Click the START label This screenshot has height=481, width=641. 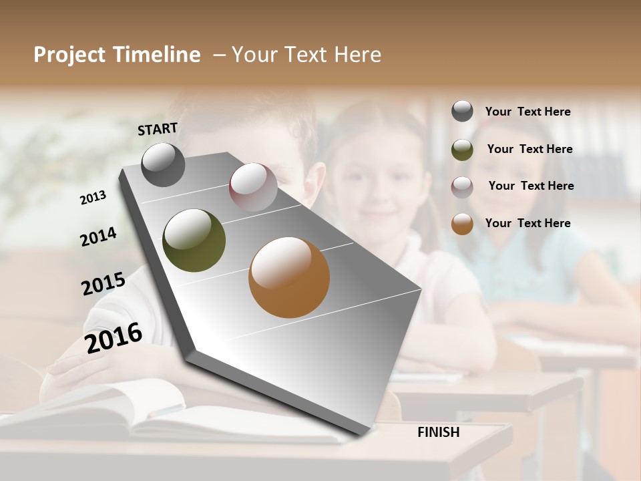click(x=158, y=129)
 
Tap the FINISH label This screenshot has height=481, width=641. click(x=438, y=432)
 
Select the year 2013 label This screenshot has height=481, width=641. click(x=93, y=197)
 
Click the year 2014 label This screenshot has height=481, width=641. click(x=98, y=236)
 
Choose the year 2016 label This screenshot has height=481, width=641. click(x=114, y=337)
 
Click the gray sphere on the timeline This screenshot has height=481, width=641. click(x=163, y=164)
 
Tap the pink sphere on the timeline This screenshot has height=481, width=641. click(x=253, y=187)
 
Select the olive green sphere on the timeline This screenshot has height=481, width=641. click(x=194, y=240)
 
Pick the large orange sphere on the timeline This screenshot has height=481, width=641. click(x=289, y=277)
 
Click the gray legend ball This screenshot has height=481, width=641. click(x=462, y=111)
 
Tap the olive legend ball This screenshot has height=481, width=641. click(x=462, y=150)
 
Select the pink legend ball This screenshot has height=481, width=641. click(x=462, y=187)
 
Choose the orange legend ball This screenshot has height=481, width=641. click(x=462, y=224)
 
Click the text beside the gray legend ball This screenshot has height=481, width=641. click(x=527, y=112)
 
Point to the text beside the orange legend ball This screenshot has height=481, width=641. click(x=527, y=223)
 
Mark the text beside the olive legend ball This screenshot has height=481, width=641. click(x=529, y=149)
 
